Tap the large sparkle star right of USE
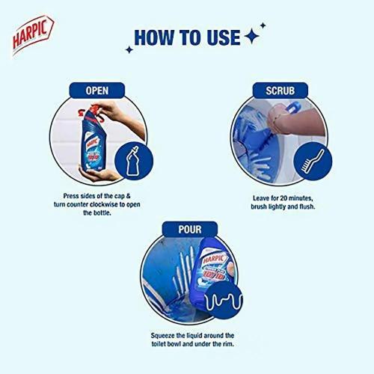[253, 37]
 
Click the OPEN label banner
[97, 91]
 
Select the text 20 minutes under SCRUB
[279, 199]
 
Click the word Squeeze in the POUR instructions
[158, 335]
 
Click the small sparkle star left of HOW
[129, 49]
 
